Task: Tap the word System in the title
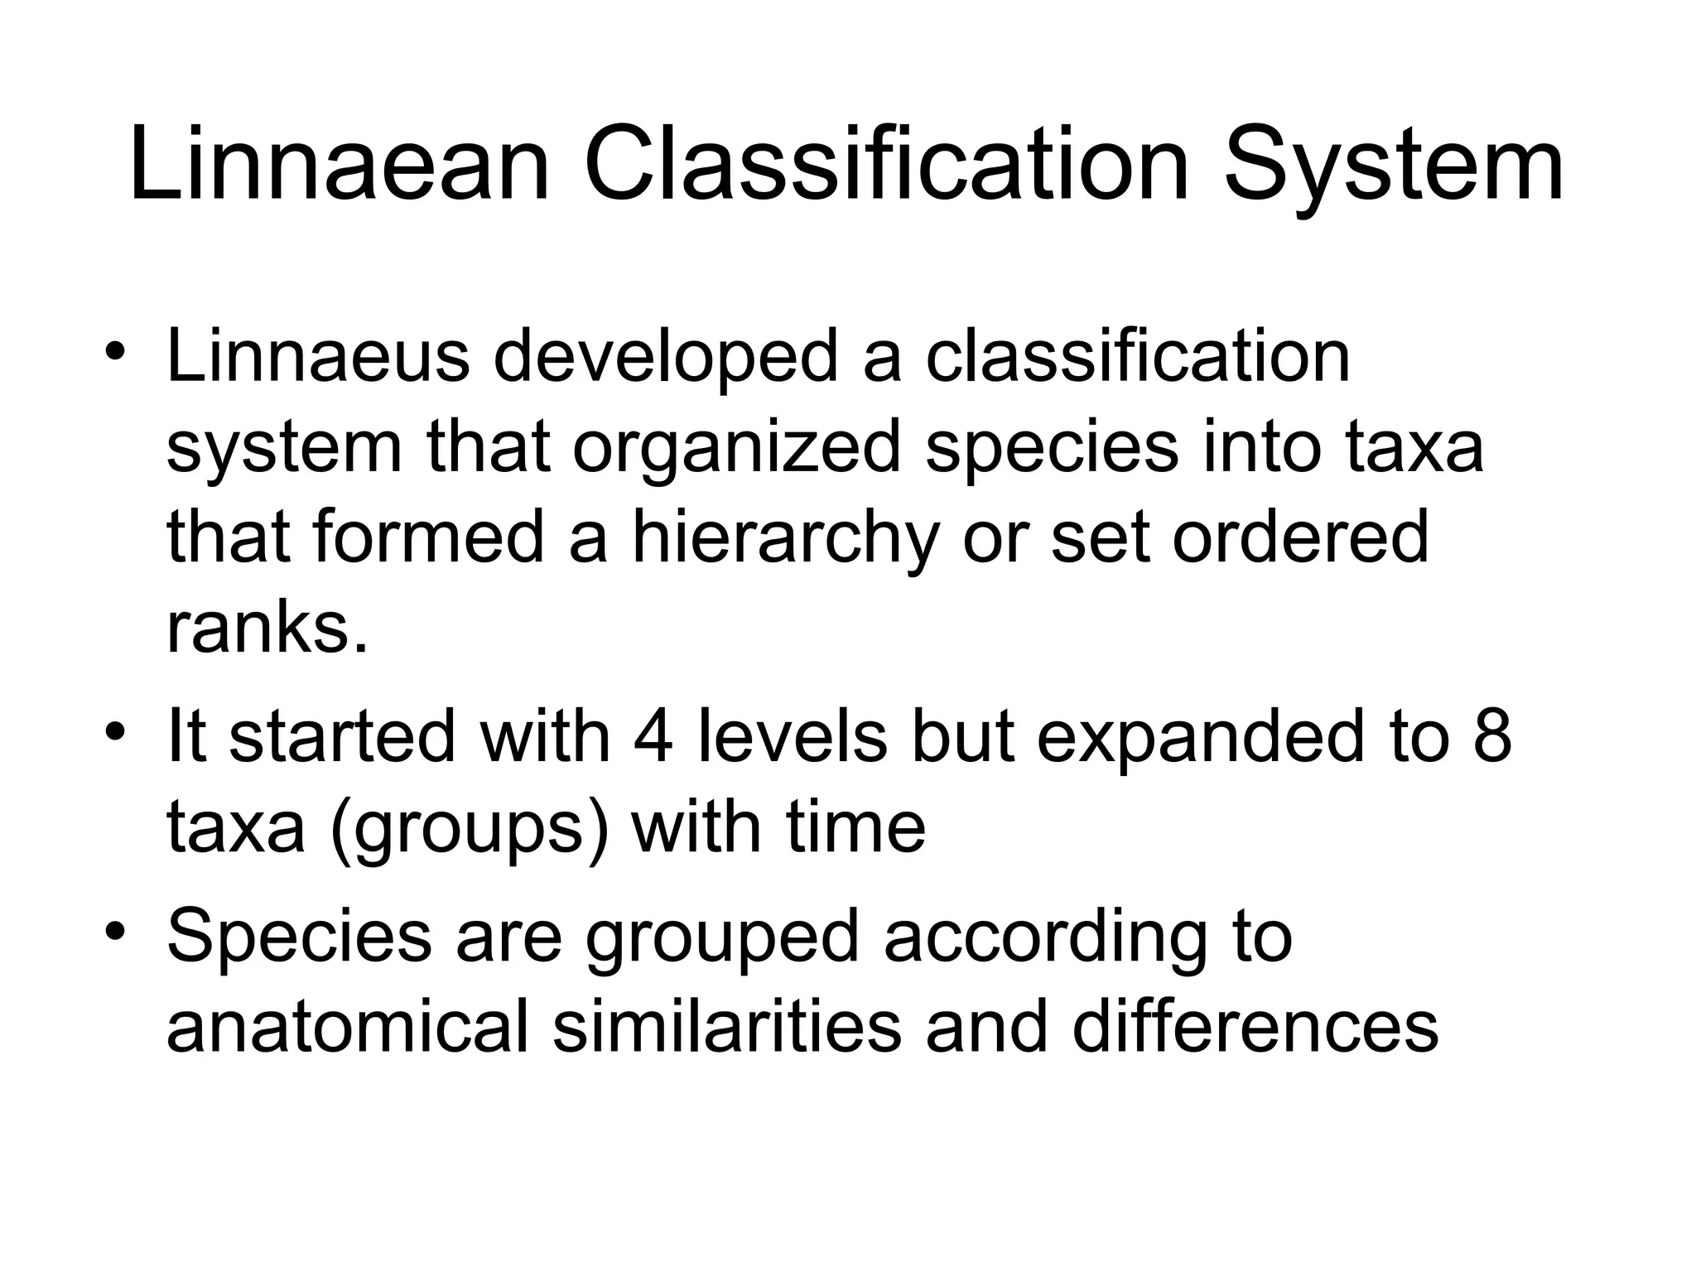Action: pyautogui.click(x=1394, y=166)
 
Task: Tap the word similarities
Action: pyautogui.click(x=726, y=1027)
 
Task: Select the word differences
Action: pyautogui.click(x=1255, y=1027)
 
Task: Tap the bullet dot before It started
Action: pyautogui.click(x=115, y=730)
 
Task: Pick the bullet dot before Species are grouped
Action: pyautogui.click(x=115, y=931)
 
